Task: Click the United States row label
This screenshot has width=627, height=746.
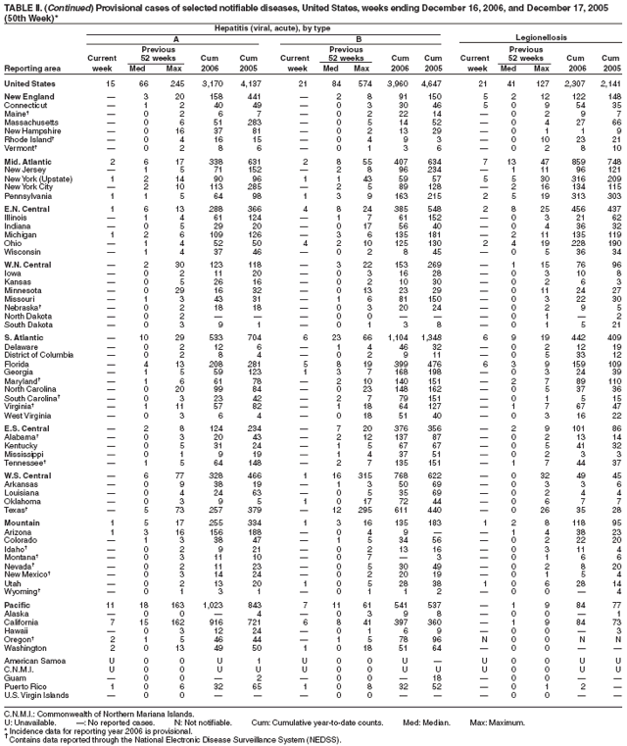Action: coord(34,83)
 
